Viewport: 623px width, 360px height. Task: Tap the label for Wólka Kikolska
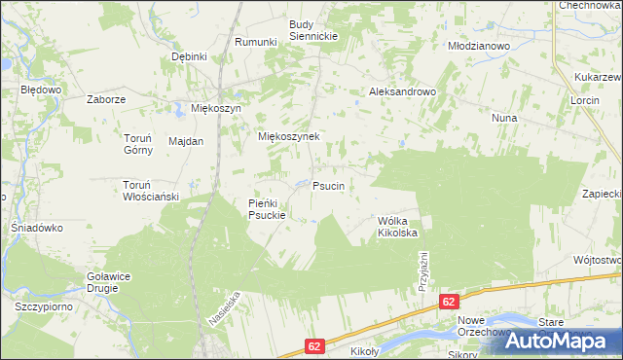click(x=397, y=227)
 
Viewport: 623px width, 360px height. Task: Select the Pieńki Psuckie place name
click(x=266, y=208)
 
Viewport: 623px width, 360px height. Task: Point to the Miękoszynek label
click(x=288, y=137)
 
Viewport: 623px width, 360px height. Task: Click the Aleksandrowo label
click(x=401, y=91)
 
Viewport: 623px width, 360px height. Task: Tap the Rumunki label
click(x=257, y=42)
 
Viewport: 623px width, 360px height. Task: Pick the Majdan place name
click(x=186, y=141)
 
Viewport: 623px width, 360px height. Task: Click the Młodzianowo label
click(x=478, y=46)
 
